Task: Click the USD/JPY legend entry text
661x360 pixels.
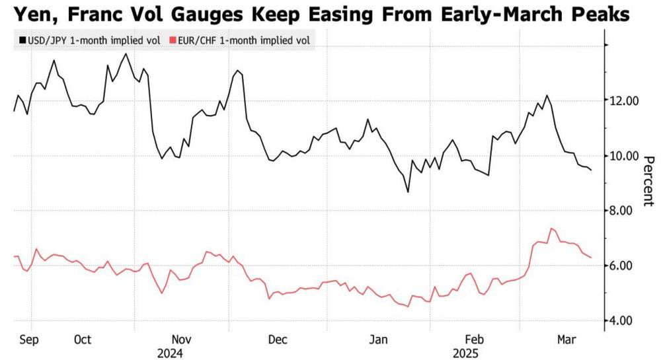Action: tap(94, 41)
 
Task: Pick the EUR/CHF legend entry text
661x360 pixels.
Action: tap(244, 41)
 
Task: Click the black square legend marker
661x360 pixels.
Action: tap(22, 41)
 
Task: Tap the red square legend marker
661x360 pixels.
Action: tap(173, 41)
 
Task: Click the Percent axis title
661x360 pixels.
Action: tap(649, 181)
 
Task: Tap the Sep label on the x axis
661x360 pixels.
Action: tap(28, 340)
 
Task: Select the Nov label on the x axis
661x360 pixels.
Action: tap(182, 340)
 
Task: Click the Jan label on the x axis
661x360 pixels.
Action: tap(378, 340)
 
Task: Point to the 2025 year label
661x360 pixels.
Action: tap(466, 353)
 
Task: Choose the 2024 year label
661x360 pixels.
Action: tap(171, 353)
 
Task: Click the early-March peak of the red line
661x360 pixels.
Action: tap(552, 229)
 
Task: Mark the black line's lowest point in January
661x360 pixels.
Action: tap(408, 192)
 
